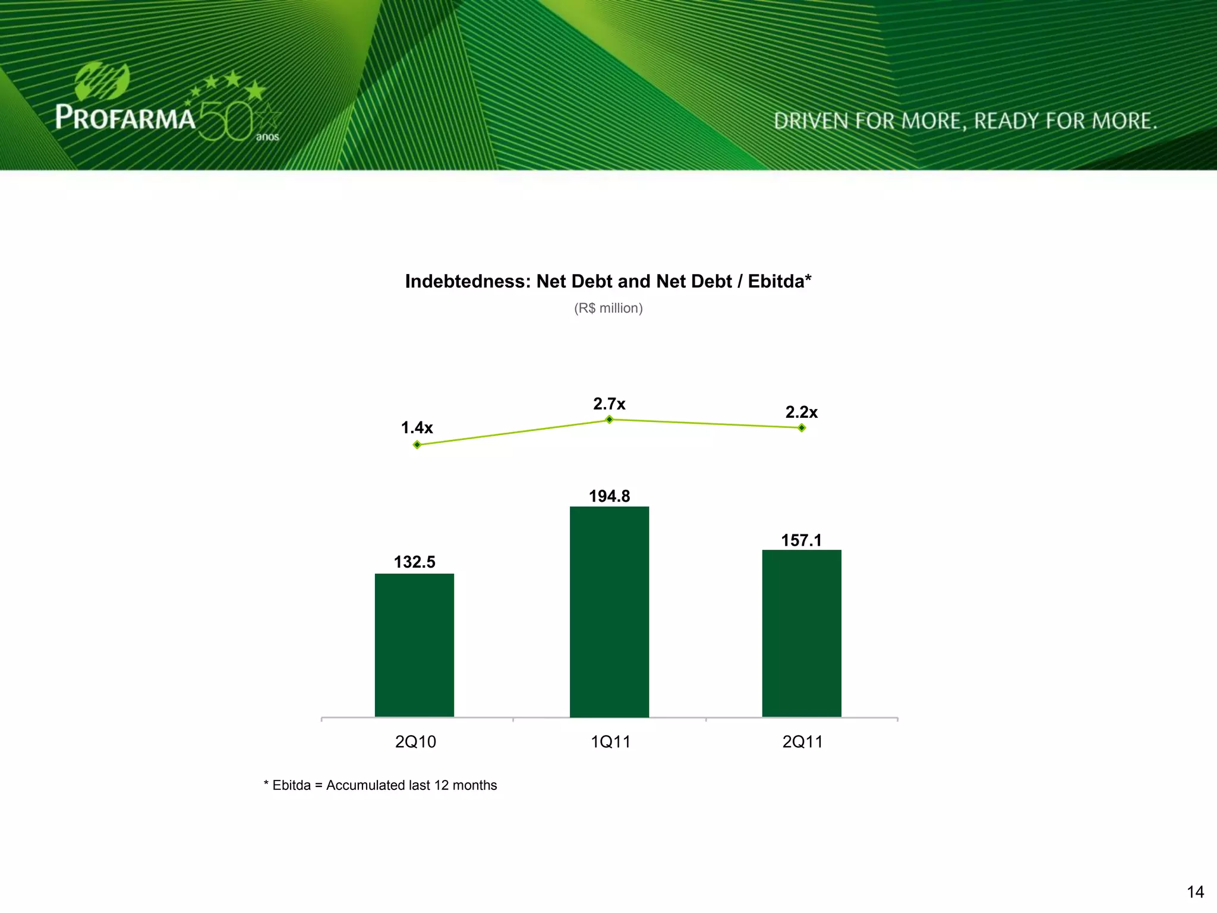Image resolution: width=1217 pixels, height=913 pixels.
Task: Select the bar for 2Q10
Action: [x=414, y=645]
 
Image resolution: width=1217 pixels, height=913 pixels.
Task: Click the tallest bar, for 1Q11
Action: [x=609, y=612]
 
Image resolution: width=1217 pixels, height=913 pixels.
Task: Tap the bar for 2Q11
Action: [x=802, y=633]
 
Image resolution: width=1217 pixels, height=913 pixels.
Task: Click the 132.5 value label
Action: [x=414, y=562]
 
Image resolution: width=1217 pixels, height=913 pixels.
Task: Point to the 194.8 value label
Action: [x=609, y=496]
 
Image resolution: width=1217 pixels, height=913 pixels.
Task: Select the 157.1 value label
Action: [x=801, y=540]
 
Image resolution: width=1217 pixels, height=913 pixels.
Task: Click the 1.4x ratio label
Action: [x=417, y=427]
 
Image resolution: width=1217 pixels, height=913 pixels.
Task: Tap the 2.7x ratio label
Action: [x=609, y=404]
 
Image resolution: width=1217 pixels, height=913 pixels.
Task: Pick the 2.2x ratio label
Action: [x=801, y=412]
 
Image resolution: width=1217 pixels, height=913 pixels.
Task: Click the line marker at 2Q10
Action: [x=417, y=445]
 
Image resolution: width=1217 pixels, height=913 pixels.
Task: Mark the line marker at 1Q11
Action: [x=609, y=420]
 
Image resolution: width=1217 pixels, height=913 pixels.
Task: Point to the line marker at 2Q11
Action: [x=802, y=427]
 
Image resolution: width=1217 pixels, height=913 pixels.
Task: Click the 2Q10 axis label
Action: [x=415, y=742]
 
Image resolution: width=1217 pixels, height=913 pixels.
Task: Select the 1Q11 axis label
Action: [x=610, y=742]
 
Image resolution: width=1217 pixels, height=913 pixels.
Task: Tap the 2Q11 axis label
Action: [x=802, y=742]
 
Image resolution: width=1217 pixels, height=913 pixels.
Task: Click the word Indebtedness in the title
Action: [x=467, y=281]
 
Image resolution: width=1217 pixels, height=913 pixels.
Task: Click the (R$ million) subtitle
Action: [x=608, y=308]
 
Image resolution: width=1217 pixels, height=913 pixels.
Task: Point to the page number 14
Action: [x=1195, y=892]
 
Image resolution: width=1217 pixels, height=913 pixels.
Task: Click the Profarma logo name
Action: [x=125, y=117]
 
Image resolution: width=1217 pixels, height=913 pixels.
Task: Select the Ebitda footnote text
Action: [x=380, y=785]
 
